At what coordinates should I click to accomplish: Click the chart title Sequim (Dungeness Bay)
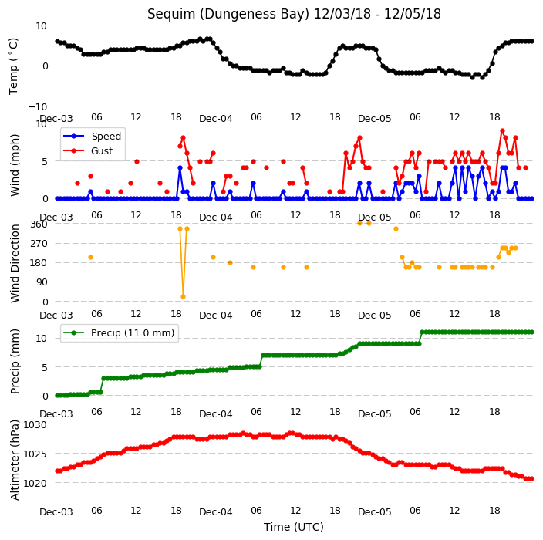click(x=228, y=14)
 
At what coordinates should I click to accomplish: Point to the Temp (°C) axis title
click(x=13, y=66)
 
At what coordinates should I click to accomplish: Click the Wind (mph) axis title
click(x=14, y=165)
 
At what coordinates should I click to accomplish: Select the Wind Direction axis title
click(x=14, y=263)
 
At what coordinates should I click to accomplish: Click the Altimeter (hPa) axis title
click(x=14, y=460)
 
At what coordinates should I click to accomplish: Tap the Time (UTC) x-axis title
click(x=294, y=527)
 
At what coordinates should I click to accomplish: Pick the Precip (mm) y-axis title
click(x=14, y=361)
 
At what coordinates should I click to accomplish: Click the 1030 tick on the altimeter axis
click(x=35, y=424)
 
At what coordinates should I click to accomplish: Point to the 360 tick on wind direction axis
click(x=39, y=224)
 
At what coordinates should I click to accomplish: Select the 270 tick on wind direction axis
click(x=39, y=244)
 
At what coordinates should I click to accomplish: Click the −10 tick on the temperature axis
click(x=37, y=106)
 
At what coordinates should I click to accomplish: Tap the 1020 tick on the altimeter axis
click(x=35, y=483)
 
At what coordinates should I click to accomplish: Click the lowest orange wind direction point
click(x=184, y=296)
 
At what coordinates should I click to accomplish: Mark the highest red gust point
click(x=502, y=131)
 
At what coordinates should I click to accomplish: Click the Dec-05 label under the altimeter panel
click(x=374, y=512)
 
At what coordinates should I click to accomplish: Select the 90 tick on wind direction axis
click(x=42, y=282)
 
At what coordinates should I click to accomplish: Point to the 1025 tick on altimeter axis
click(x=35, y=454)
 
